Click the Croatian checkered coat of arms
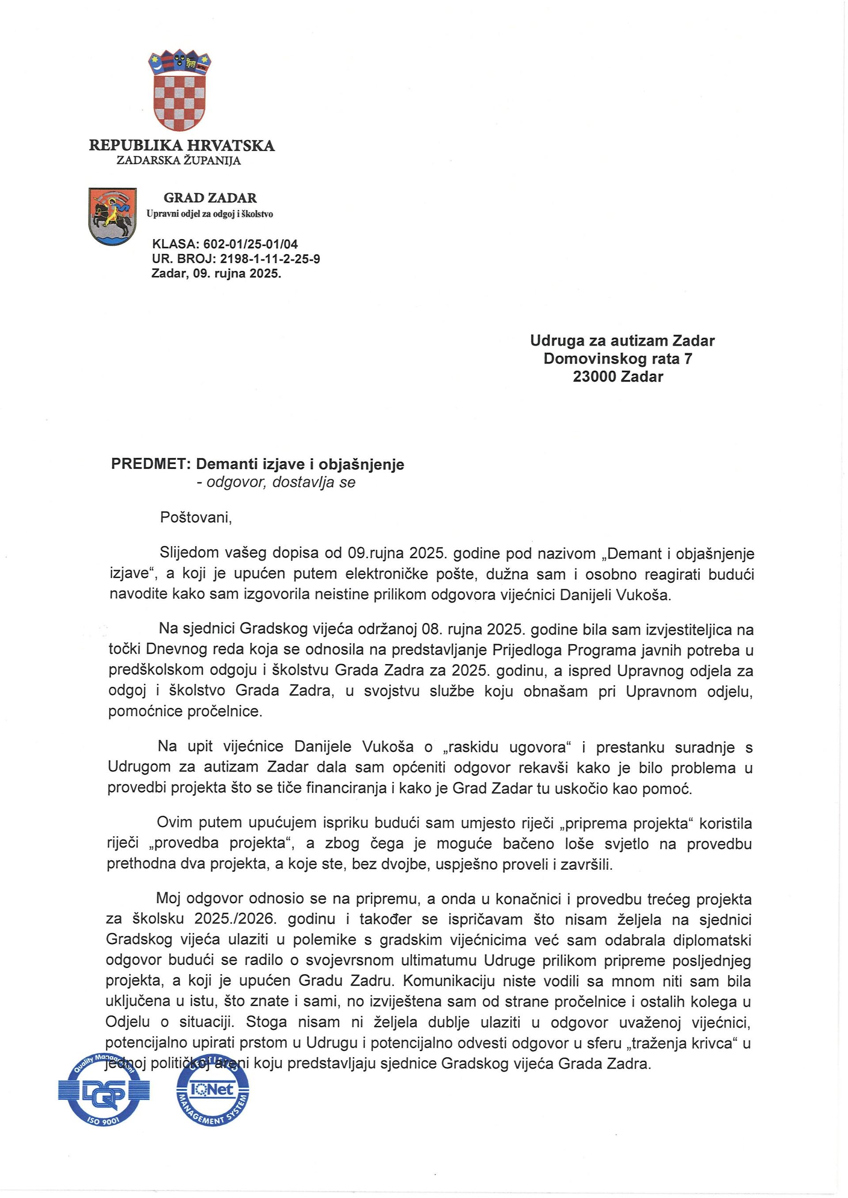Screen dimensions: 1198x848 click(x=179, y=92)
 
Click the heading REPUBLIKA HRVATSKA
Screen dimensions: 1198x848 click(x=181, y=145)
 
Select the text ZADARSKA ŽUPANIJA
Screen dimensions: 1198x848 click(x=178, y=161)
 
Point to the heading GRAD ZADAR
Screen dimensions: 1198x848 click(x=210, y=198)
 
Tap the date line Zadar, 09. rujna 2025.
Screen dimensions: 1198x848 click(x=216, y=274)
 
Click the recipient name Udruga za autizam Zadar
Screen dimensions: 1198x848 click(x=622, y=341)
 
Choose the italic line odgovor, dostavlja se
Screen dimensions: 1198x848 click(x=280, y=482)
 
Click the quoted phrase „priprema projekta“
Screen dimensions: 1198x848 click(x=625, y=823)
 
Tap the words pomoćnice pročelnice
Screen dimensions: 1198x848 click(x=185, y=711)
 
